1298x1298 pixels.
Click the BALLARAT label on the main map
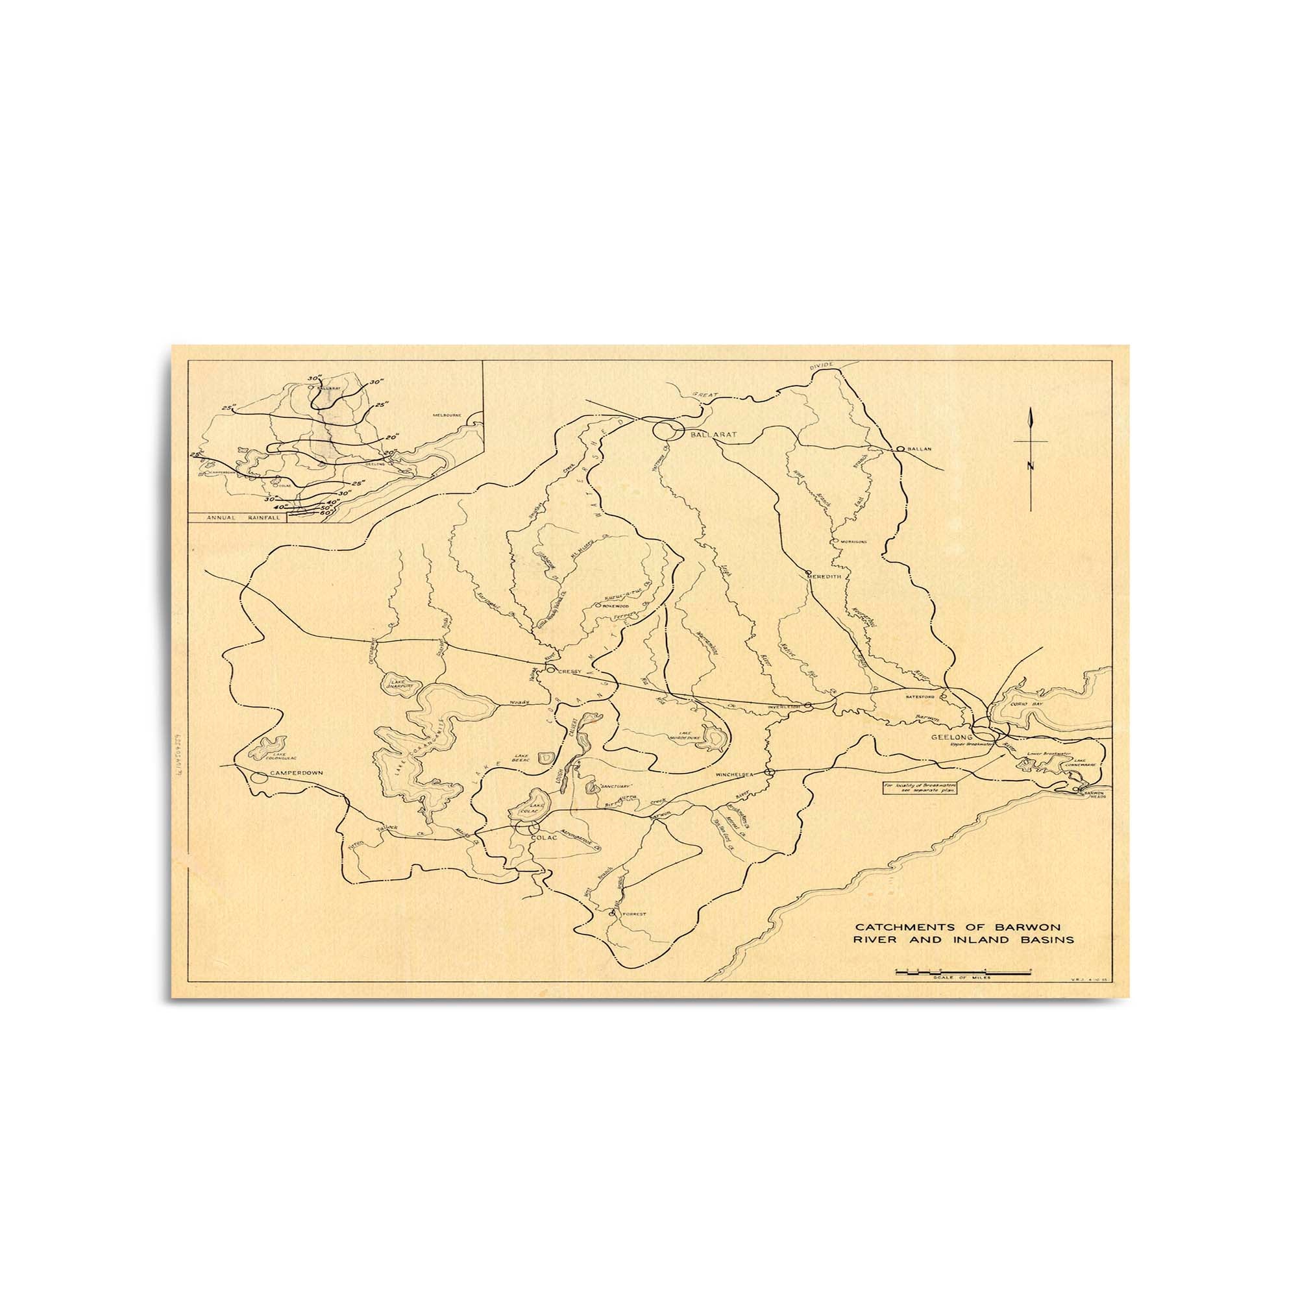pos(713,435)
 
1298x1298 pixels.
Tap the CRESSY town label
pos(569,670)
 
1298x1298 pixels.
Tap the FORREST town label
pos(633,914)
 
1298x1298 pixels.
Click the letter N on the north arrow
pos(1030,466)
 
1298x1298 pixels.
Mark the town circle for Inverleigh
pos(809,705)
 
